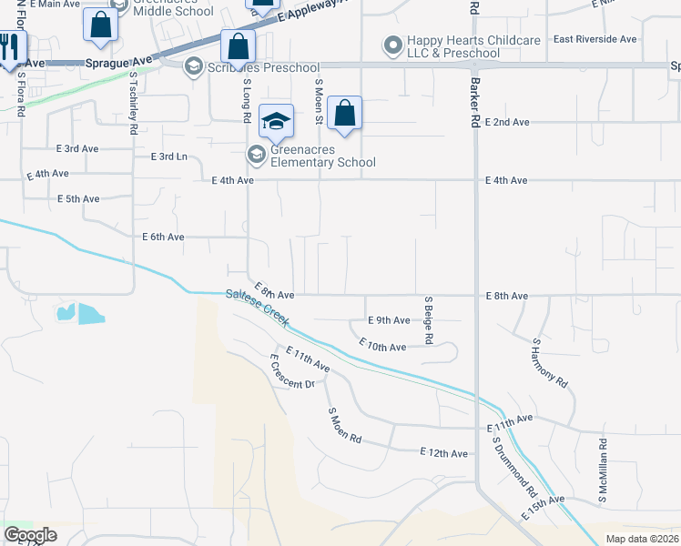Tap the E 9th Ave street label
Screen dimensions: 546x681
pos(390,320)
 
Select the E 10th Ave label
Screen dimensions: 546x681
pos(382,346)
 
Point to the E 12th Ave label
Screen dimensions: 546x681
pos(443,453)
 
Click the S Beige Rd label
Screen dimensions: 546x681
pos(428,319)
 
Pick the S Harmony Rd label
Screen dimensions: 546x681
pos(549,364)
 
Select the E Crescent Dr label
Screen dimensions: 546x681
pos(291,371)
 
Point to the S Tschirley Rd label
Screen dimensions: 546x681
pos(133,105)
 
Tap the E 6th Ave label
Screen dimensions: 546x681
pos(164,237)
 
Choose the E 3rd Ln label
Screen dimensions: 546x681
pos(168,157)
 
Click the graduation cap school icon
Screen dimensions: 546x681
pos(276,120)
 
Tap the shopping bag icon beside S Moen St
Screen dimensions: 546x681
pos(345,113)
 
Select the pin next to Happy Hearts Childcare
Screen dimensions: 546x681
pos(393,44)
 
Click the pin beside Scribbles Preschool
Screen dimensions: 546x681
pos(193,66)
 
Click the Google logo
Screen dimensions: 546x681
pos(30,535)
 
